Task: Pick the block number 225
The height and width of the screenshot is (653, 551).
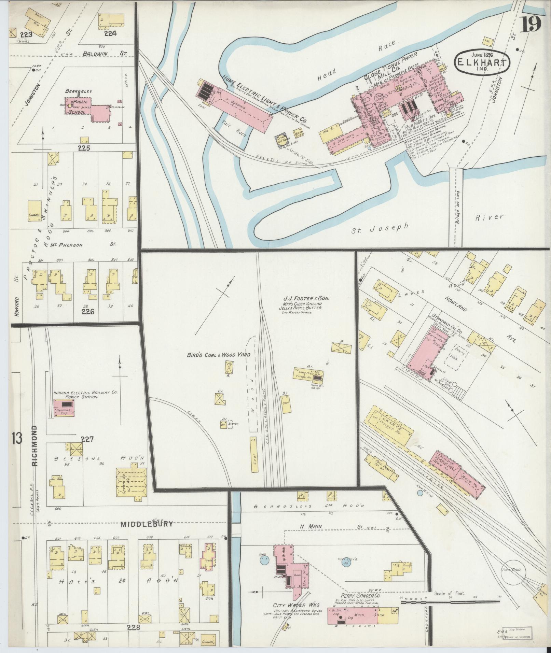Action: coord(84,148)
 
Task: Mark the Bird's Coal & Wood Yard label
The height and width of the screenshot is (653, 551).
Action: coord(219,355)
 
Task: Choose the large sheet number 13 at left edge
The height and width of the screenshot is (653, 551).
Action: coord(16,438)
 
